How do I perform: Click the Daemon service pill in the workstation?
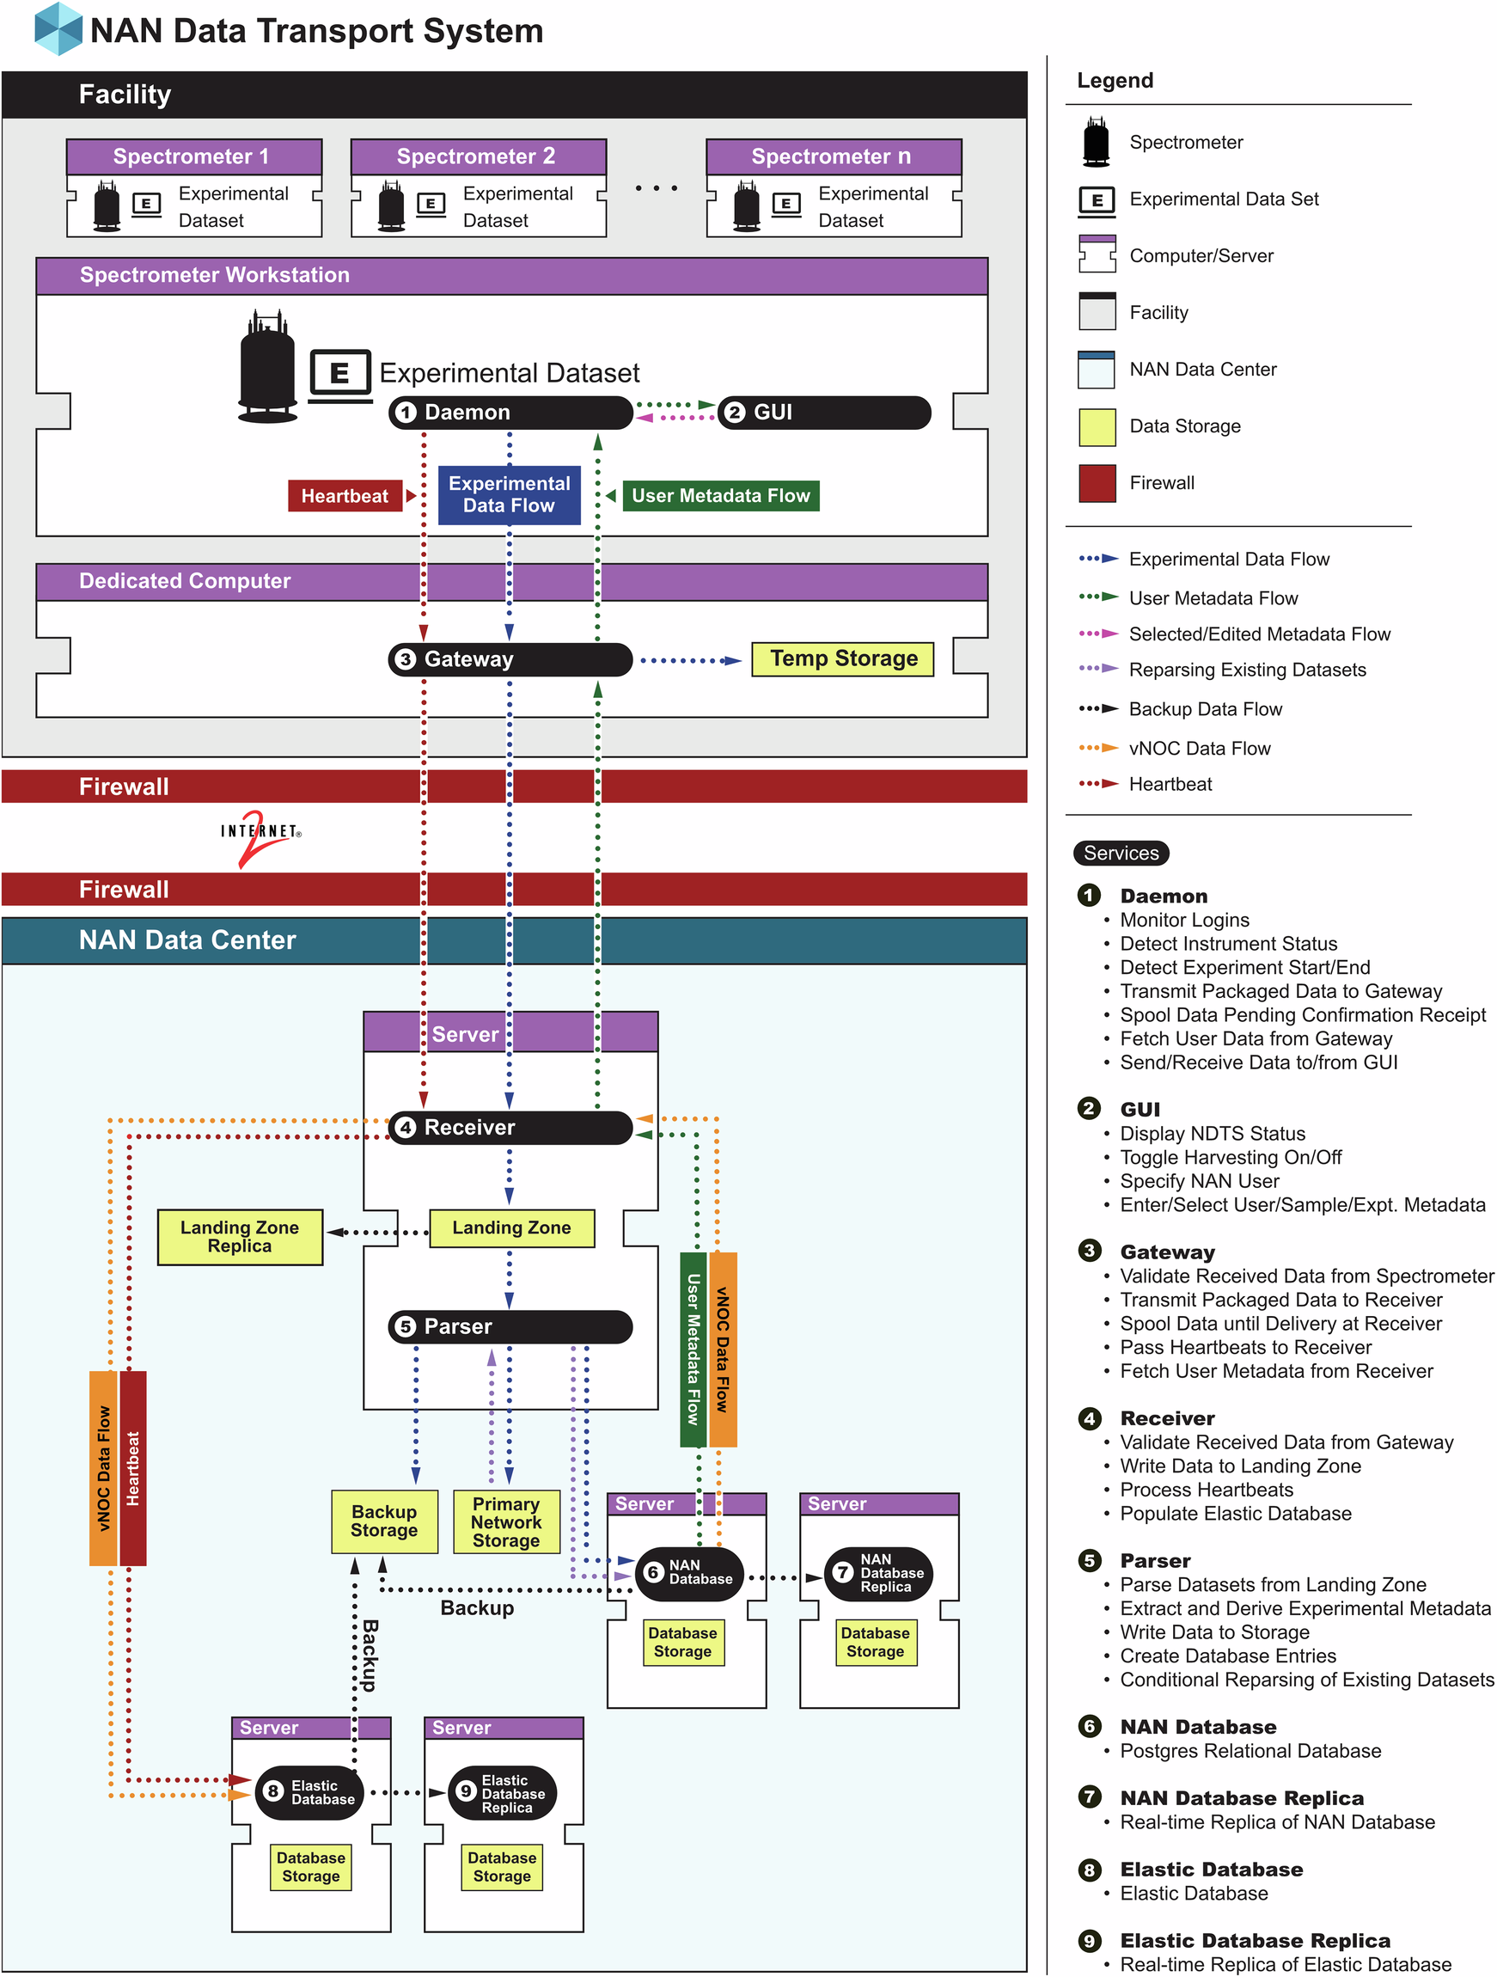pos(510,412)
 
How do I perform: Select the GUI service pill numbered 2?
pos(823,412)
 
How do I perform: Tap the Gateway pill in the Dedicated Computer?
pos(510,659)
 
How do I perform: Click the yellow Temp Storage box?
pos(842,659)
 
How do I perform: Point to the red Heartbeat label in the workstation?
pos(344,496)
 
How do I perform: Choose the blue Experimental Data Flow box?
pos(509,494)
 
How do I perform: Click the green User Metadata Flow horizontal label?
pos(720,496)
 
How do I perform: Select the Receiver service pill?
pos(510,1128)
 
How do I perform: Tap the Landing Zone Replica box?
pos(240,1237)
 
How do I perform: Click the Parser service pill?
pos(510,1327)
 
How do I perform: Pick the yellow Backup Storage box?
pos(384,1521)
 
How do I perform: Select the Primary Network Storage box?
pos(506,1522)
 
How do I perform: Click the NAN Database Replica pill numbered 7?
pos(877,1573)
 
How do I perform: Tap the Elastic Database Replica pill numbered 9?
pos(502,1793)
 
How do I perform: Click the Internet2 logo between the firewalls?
pos(260,836)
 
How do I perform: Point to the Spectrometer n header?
pos(833,157)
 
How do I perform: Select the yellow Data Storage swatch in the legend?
pos(1097,427)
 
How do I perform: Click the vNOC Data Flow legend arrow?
pos(1098,748)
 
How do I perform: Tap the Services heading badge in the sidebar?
pos(1121,854)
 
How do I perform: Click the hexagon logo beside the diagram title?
pos(58,28)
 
